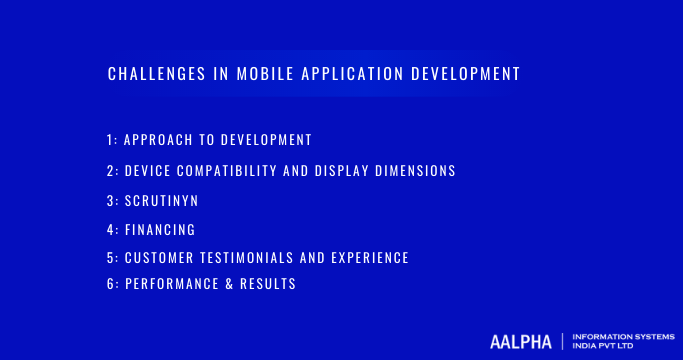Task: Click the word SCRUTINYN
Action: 162,201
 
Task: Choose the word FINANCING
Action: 160,229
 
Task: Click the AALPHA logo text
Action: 521,341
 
